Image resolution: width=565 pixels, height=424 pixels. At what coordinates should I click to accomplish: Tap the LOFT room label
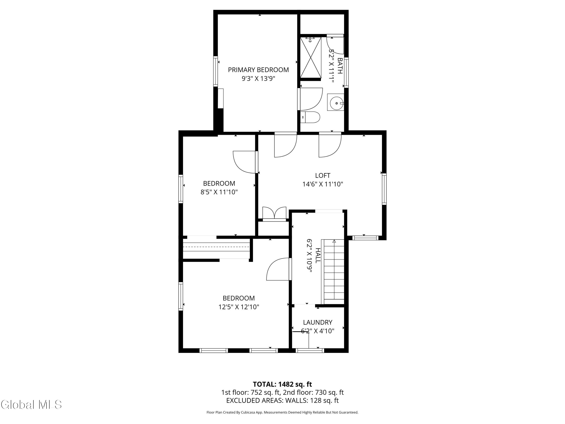(323, 176)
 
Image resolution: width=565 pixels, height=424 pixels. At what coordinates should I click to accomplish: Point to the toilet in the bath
(310, 117)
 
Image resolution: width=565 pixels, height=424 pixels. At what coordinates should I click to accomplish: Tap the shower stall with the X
(310, 57)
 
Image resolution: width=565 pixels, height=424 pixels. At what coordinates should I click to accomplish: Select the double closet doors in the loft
(274, 214)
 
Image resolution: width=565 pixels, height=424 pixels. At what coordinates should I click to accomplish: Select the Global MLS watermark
(31, 405)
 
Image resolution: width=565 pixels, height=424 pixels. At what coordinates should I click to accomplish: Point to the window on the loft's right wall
(384, 189)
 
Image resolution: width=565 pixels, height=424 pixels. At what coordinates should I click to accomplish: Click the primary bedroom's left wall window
(216, 71)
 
